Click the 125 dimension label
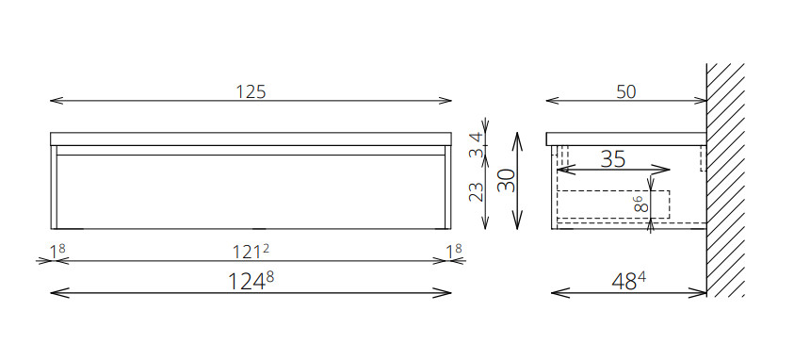tap(251, 91)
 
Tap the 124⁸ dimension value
tap(251, 281)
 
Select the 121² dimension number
tap(251, 251)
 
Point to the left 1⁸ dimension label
tap(57, 251)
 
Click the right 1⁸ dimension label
tap(454, 251)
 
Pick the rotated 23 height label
tap(477, 192)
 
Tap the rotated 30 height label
tap(506, 180)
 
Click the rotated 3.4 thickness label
tap(477, 145)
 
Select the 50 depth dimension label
tap(626, 91)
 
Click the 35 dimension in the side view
tap(613, 159)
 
